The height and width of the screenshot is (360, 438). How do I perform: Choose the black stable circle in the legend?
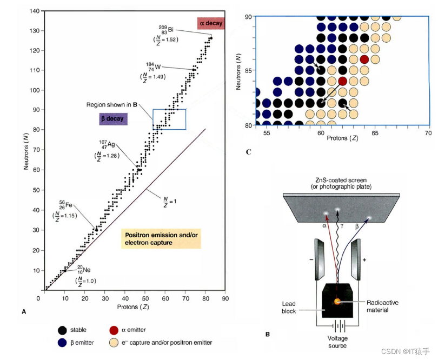pyautogui.click(x=63, y=330)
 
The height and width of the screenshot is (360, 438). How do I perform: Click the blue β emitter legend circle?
pyautogui.click(x=63, y=343)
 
